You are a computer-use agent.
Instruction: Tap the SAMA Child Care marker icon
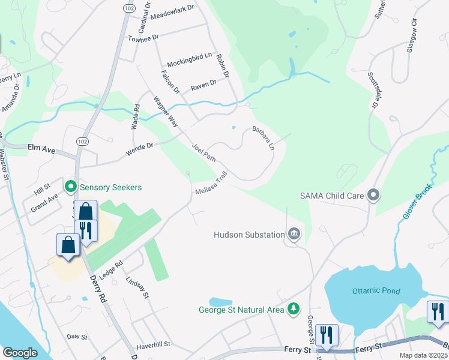(x=375, y=195)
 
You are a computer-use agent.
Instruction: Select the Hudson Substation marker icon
(x=294, y=234)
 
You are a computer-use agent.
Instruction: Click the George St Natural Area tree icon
(x=294, y=310)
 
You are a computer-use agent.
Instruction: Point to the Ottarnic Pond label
(x=376, y=291)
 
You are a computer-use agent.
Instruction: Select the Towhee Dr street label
(x=143, y=38)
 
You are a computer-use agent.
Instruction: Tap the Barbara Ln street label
(x=263, y=137)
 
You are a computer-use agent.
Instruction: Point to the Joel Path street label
(x=203, y=152)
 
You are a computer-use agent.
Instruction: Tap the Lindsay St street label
(x=137, y=287)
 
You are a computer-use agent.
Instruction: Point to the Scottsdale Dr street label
(x=375, y=91)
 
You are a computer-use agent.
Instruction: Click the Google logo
(x=20, y=353)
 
